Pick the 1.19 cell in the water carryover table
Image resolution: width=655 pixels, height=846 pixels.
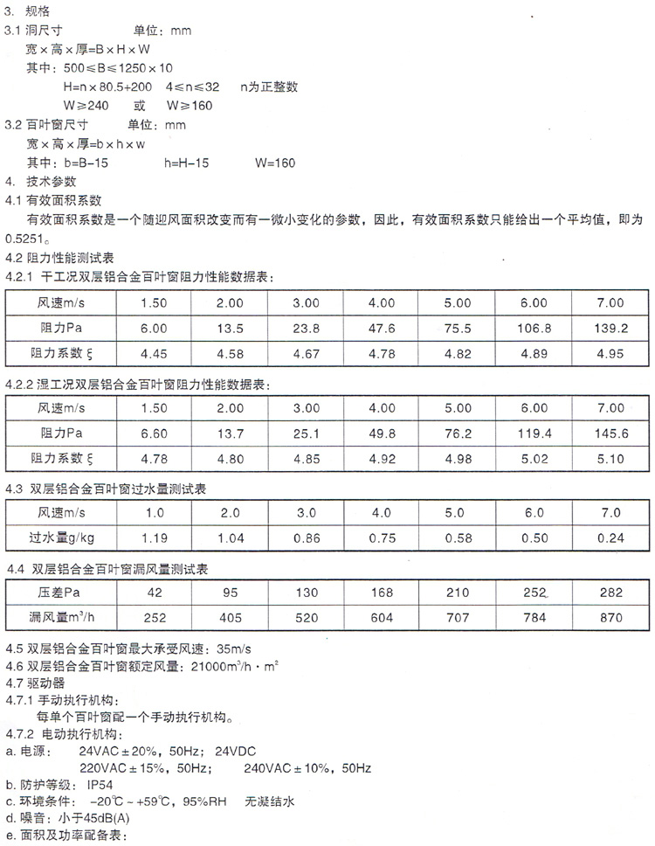(154, 539)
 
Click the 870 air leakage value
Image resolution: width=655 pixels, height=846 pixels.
(610, 618)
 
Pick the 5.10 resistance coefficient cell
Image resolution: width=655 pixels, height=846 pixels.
(610, 457)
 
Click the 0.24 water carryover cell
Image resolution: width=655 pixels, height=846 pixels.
(610, 539)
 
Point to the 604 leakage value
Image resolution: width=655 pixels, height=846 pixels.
(382, 618)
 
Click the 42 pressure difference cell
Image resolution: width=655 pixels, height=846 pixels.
(154, 593)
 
